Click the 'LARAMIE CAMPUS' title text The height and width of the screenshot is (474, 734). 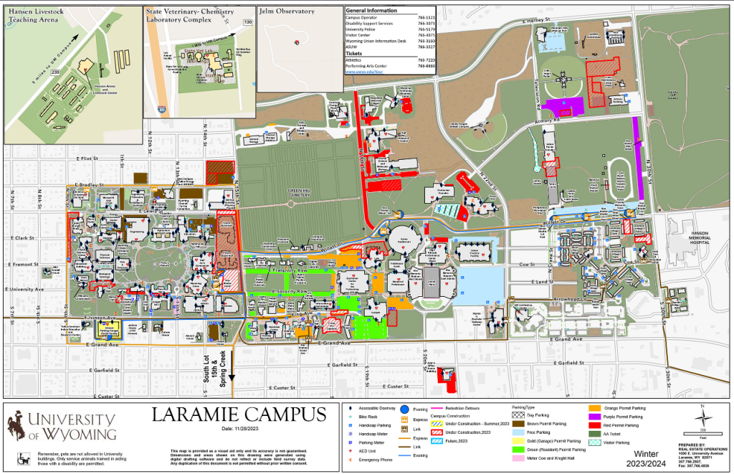click(x=239, y=414)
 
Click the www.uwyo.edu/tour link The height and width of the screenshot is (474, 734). click(x=366, y=72)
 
